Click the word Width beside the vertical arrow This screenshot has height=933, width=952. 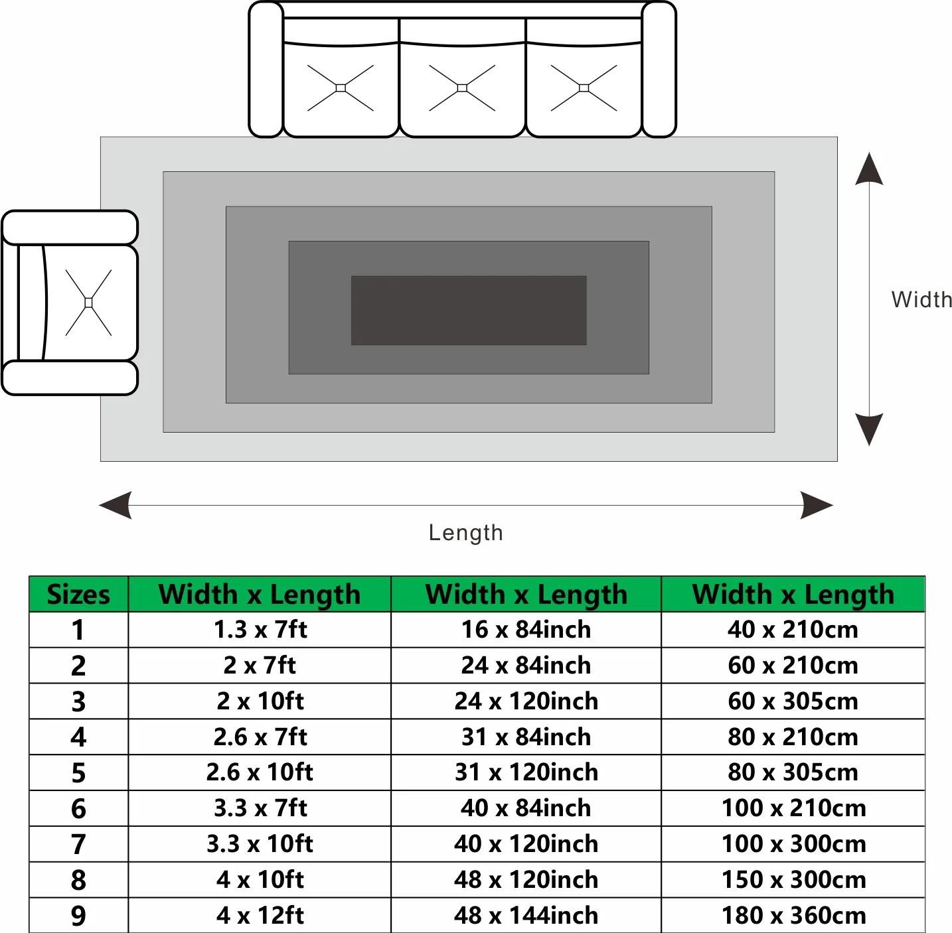921,300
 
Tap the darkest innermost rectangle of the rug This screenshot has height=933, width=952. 469,310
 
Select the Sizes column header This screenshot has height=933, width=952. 78,594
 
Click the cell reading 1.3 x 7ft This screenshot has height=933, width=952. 260,630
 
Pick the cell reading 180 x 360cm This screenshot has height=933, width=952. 793,915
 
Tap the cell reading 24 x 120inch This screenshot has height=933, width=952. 526,701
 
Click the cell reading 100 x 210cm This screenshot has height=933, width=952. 793,808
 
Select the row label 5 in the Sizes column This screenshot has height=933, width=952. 78,772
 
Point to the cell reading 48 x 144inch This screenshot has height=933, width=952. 526,915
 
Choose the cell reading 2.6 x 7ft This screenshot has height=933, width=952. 260,737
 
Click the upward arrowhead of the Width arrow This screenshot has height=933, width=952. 869,169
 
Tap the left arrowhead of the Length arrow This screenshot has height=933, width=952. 116,505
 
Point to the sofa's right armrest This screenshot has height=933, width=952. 659,69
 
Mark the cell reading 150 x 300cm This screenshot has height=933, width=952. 793,880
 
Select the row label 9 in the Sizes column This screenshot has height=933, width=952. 78,916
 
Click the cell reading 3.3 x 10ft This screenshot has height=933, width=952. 260,843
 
